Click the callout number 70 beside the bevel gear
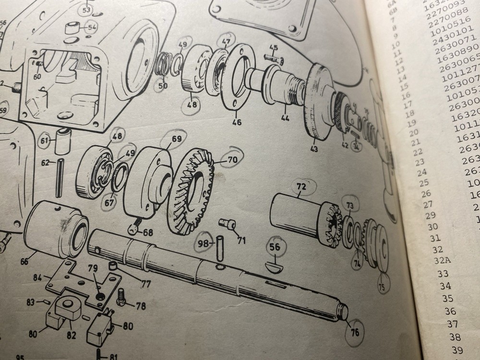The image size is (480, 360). coord(232,159)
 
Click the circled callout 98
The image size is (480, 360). coord(204,244)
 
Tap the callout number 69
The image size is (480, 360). coord(177,140)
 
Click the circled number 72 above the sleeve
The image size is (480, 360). coord(301,185)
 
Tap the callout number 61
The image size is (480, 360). coord(44,140)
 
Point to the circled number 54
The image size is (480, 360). coord(91,27)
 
